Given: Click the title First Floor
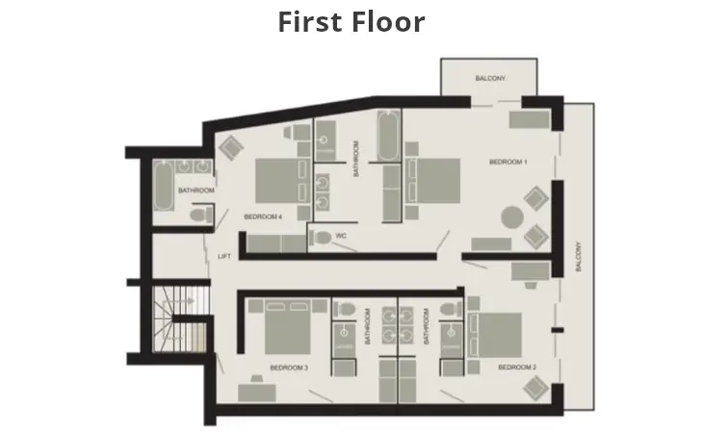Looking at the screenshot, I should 351,21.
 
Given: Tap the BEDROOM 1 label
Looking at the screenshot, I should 508,163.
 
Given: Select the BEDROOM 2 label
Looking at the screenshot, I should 517,368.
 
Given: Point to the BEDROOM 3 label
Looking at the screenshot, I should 289,368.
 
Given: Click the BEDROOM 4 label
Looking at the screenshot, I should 263,217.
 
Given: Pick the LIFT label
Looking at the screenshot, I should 224,256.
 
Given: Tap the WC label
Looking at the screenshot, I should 340,236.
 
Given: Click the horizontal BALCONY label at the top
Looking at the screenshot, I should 489,78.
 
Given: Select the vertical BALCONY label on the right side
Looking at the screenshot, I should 579,257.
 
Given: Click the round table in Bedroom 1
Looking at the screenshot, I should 510,217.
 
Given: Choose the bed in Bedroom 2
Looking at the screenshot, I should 498,334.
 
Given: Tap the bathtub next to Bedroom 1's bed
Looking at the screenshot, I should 388,140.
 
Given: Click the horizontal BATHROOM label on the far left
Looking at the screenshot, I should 195,191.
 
